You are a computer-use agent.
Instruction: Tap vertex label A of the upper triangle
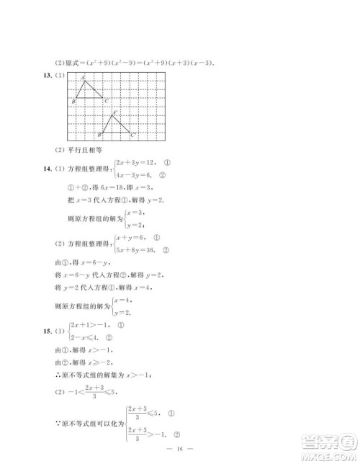tap(83, 77)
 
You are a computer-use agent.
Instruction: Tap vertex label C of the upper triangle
tap(107, 101)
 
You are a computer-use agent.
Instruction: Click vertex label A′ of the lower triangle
tap(114, 113)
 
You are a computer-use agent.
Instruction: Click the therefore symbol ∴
tap(60, 374)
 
